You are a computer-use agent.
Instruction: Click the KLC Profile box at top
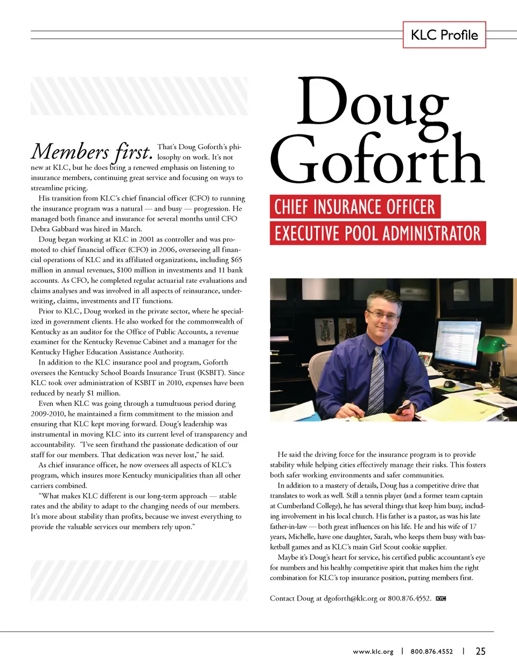pyautogui.click(x=444, y=35)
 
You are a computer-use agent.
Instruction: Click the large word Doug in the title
pyautogui.click(x=372, y=102)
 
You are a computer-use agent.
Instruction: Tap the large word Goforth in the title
pyautogui.click(x=377, y=160)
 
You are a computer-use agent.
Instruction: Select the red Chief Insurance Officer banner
pyautogui.click(x=355, y=207)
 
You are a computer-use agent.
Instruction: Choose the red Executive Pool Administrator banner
pyautogui.click(x=378, y=233)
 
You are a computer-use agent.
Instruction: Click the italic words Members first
pyautogui.click(x=92, y=152)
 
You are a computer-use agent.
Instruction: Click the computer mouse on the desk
pyautogui.click(x=449, y=384)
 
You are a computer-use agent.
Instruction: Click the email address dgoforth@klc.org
pyautogui.click(x=351, y=598)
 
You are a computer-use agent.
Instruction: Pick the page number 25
pyautogui.click(x=480, y=651)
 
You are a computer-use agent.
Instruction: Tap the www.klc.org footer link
pyautogui.click(x=373, y=652)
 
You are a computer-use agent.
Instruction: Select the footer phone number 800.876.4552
pyautogui.click(x=432, y=652)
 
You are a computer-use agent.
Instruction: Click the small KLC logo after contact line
pyautogui.click(x=441, y=598)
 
